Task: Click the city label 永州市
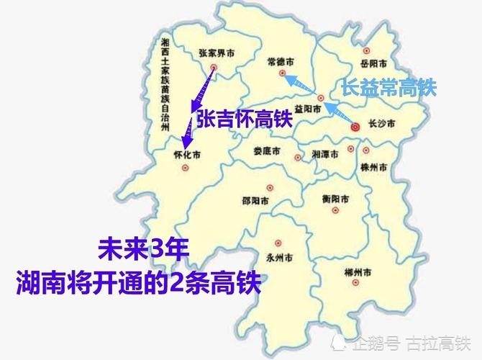(x=278, y=257)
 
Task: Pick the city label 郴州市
(x=358, y=273)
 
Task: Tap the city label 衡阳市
(x=336, y=198)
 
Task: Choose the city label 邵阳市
(x=256, y=199)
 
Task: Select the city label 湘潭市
(x=325, y=154)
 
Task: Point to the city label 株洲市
(x=374, y=167)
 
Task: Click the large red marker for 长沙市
(x=355, y=127)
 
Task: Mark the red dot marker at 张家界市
(x=214, y=68)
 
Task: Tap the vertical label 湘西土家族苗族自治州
(x=166, y=84)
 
